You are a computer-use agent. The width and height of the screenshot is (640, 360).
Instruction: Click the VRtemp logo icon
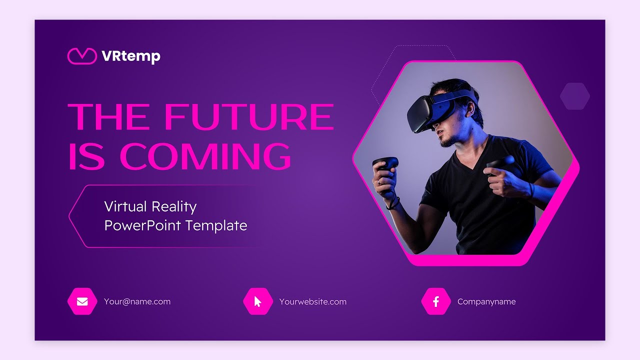point(81,56)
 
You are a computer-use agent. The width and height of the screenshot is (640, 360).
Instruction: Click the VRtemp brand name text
point(130,56)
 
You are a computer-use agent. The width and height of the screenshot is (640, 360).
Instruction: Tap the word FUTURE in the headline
point(248,117)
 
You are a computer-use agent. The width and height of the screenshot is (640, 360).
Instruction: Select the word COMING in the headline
point(205,156)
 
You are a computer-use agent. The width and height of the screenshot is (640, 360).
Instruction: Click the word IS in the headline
point(86,156)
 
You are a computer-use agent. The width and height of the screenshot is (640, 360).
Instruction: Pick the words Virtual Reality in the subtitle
point(150,206)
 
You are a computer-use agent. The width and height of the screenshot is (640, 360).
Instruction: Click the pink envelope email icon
point(82,301)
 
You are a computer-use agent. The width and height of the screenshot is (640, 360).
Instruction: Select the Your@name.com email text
point(137,301)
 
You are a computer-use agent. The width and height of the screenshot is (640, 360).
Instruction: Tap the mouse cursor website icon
point(258,301)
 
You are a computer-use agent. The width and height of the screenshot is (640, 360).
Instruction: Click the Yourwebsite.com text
point(312,301)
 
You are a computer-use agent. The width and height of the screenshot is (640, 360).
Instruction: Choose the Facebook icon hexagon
point(436,301)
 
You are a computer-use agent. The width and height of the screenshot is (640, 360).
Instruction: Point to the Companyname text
point(486,301)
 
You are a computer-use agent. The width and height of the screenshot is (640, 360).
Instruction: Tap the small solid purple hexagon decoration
point(575,96)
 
